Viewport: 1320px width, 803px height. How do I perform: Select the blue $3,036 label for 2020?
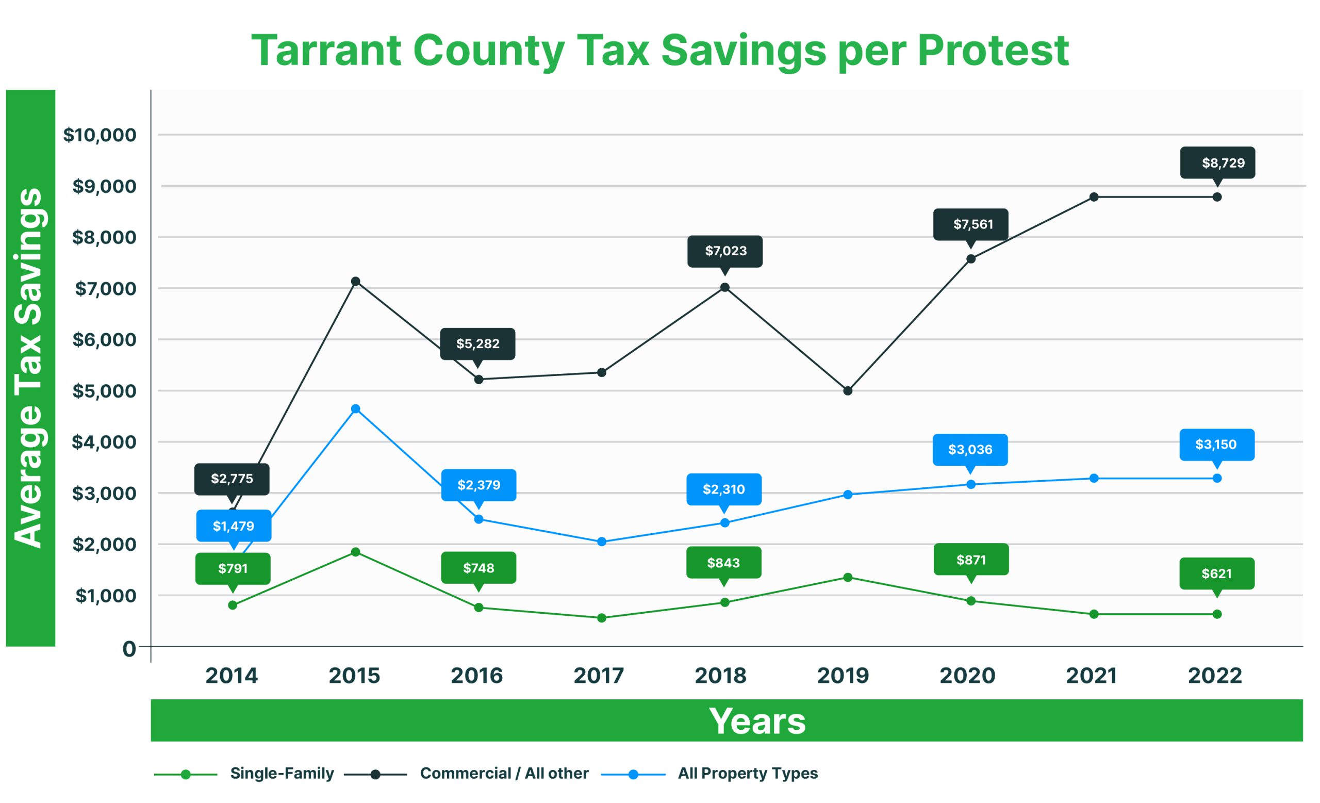pos(970,449)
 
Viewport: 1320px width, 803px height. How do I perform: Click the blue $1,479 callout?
pos(234,526)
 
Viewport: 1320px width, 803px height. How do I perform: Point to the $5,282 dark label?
pos(477,343)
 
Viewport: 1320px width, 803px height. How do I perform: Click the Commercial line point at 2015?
pos(355,281)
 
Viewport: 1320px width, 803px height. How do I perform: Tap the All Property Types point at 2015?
pos(355,409)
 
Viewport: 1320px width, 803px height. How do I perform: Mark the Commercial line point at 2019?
pos(848,391)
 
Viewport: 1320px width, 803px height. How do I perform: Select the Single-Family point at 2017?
pos(602,618)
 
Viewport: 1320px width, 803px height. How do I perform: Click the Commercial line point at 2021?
pos(1094,197)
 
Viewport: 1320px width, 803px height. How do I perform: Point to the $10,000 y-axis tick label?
pos(100,135)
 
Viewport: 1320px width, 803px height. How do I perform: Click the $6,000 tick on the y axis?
pos(105,340)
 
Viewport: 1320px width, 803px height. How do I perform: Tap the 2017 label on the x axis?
pos(599,676)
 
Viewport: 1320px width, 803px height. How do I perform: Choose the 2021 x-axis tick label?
pos(1091,676)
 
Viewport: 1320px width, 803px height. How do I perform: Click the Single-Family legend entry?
pos(282,774)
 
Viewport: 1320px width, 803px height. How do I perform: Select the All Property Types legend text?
pos(748,774)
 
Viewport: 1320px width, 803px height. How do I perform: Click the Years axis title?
pos(757,721)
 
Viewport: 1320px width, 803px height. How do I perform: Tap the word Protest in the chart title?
pos(993,51)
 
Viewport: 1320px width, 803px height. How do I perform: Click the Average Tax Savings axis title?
pos(29,368)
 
